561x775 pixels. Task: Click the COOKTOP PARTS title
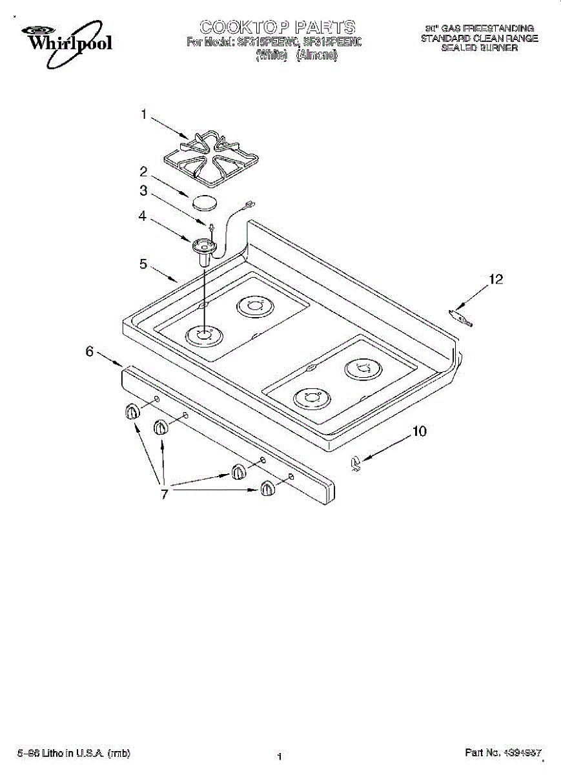(278, 27)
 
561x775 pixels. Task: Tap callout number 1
(145, 115)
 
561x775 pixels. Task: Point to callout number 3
(144, 191)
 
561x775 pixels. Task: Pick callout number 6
(90, 351)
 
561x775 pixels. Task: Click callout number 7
(164, 494)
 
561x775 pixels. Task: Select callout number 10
(420, 431)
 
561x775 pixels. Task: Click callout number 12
(495, 279)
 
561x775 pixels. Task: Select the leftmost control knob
(132, 412)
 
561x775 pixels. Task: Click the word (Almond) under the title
(317, 56)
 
